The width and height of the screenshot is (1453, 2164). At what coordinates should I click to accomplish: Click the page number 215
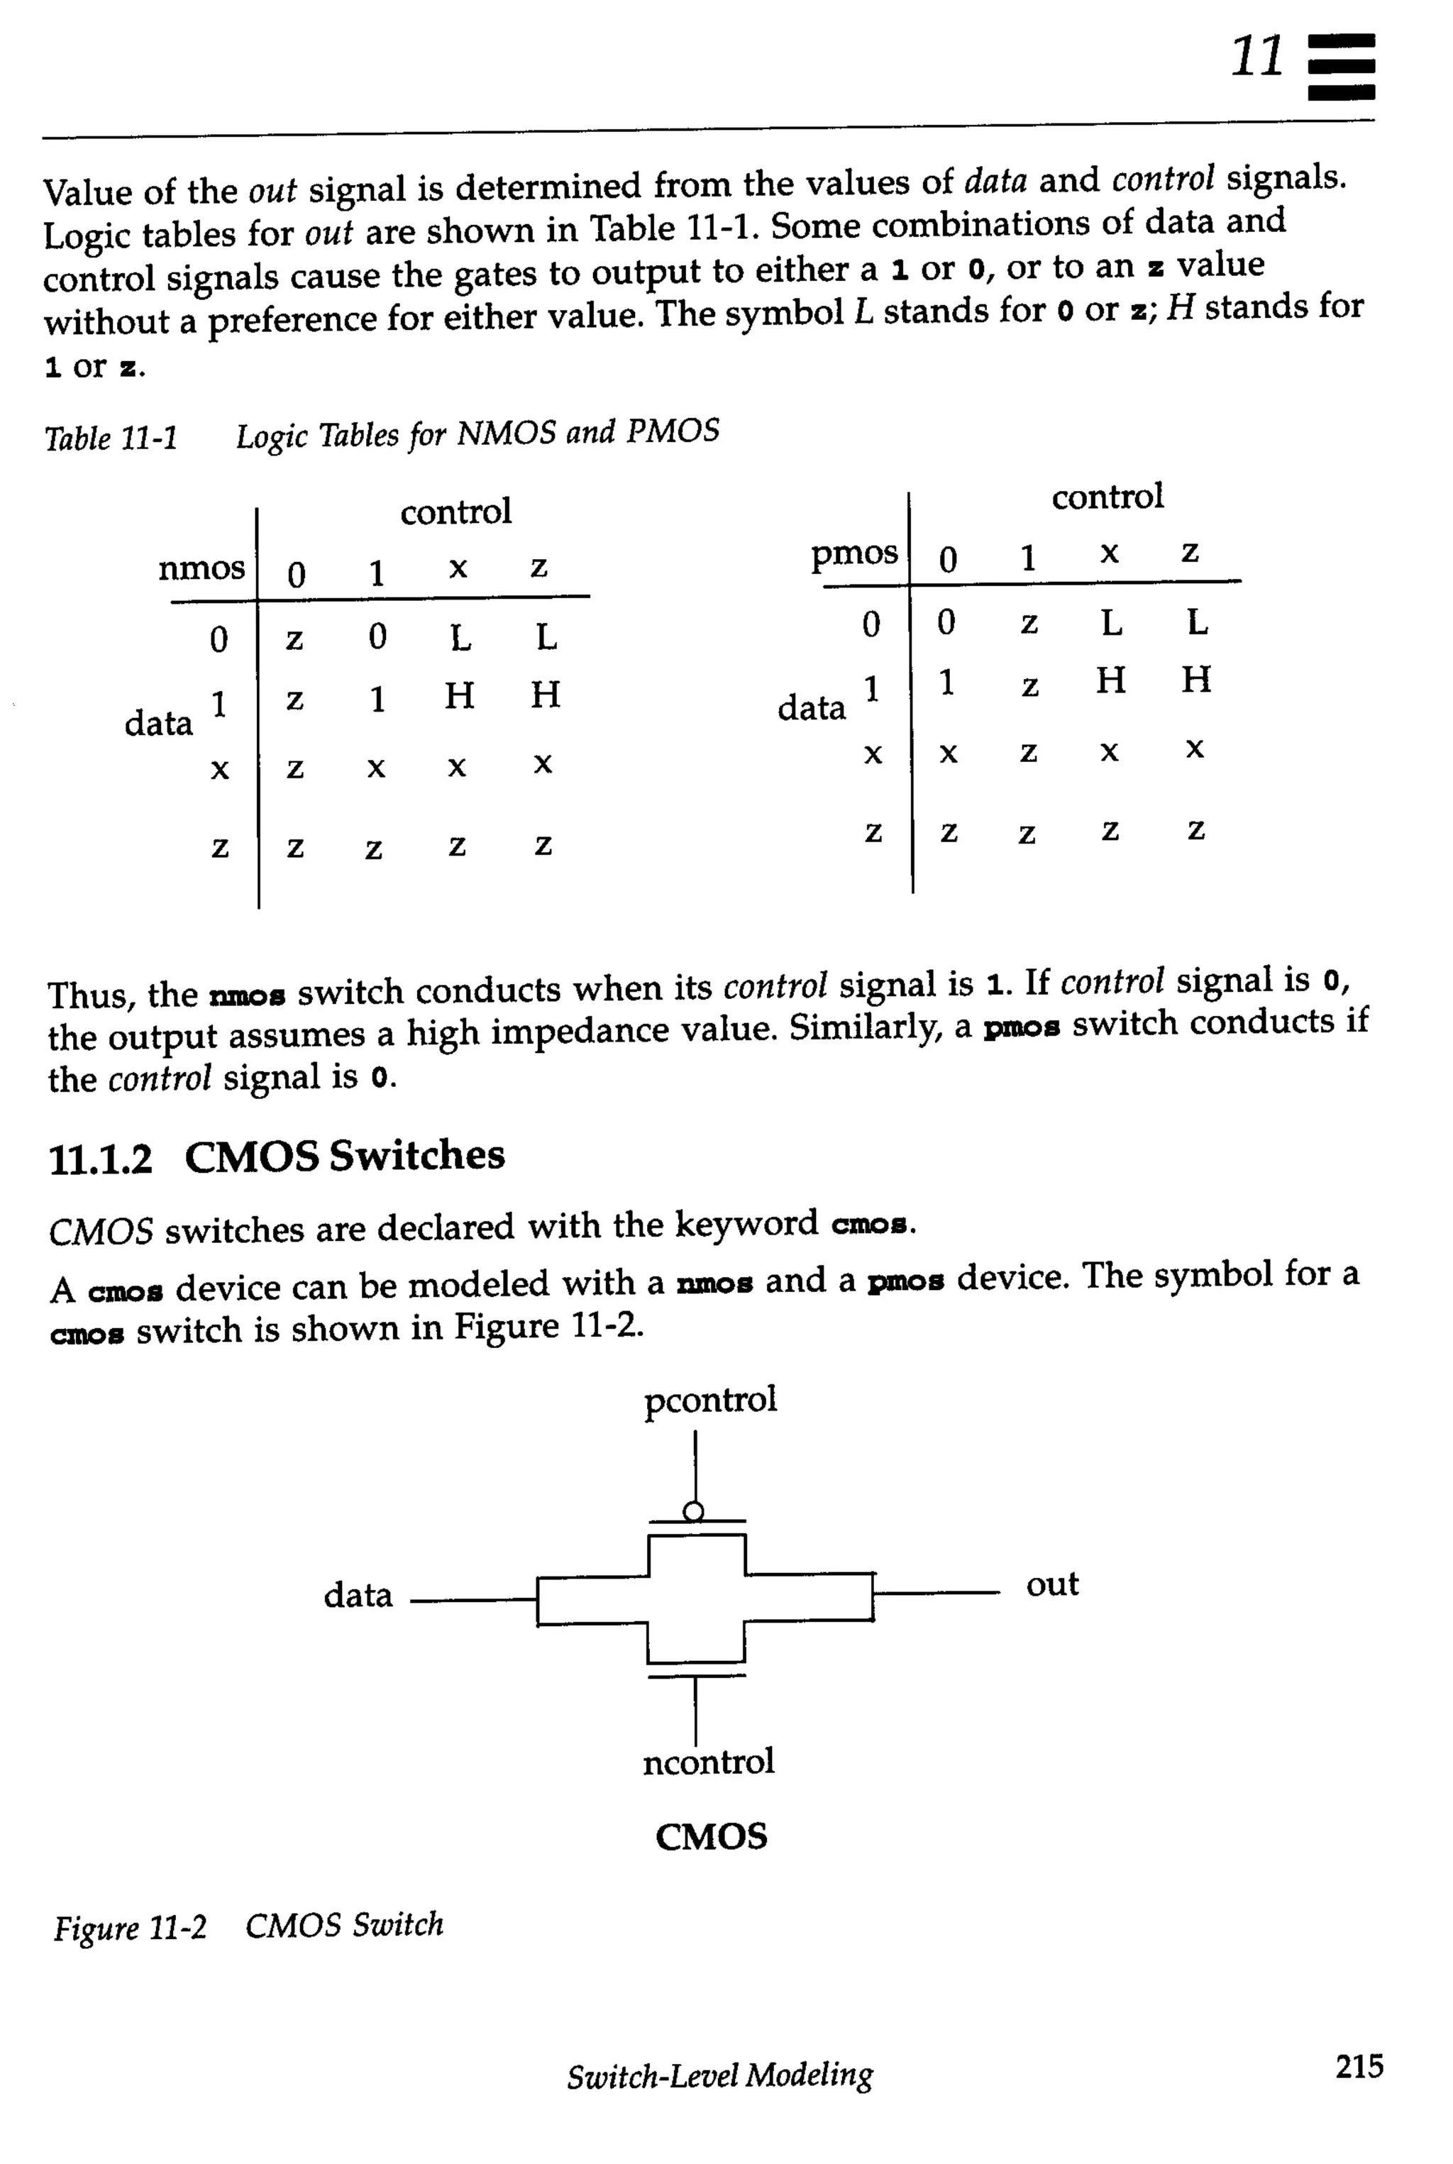(1359, 2066)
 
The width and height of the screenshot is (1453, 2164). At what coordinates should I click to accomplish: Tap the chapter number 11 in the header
(1257, 57)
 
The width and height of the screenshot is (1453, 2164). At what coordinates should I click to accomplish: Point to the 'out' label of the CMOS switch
(1051, 1584)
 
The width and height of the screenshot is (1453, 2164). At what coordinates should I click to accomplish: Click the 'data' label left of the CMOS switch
(358, 1595)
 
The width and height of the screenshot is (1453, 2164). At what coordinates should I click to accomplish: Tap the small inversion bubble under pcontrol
(693, 1511)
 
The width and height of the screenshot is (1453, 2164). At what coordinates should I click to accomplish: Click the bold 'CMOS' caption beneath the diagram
(711, 1837)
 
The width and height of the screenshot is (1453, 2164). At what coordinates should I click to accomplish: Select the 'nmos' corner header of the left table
(201, 567)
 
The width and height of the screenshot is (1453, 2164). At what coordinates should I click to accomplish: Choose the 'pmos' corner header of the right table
(853, 553)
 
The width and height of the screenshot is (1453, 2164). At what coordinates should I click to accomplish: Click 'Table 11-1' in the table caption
(111, 438)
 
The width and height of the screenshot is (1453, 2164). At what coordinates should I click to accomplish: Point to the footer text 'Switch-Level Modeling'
(720, 2076)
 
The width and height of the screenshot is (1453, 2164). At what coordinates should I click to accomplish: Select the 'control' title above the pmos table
(1107, 497)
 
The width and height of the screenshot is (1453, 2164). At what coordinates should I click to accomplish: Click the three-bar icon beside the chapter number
(1340, 66)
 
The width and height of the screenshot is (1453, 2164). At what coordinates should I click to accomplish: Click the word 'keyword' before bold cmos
(746, 1225)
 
